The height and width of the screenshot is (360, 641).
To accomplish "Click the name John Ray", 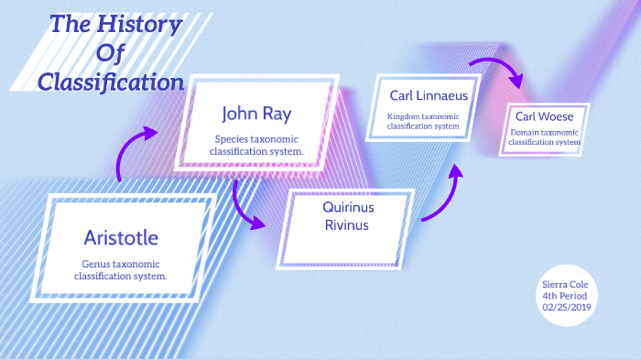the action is (255, 114).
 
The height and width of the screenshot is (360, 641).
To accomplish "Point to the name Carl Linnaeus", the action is (429, 95).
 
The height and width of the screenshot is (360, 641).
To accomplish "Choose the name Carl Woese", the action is (544, 116).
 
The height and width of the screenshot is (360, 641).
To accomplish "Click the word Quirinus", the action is (349, 207).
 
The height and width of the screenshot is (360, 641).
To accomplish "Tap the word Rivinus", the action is (349, 225).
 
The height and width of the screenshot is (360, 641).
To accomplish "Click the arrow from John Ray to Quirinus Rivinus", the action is (248, 206).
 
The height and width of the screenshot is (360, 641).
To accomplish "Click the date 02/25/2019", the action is (568, 307).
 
